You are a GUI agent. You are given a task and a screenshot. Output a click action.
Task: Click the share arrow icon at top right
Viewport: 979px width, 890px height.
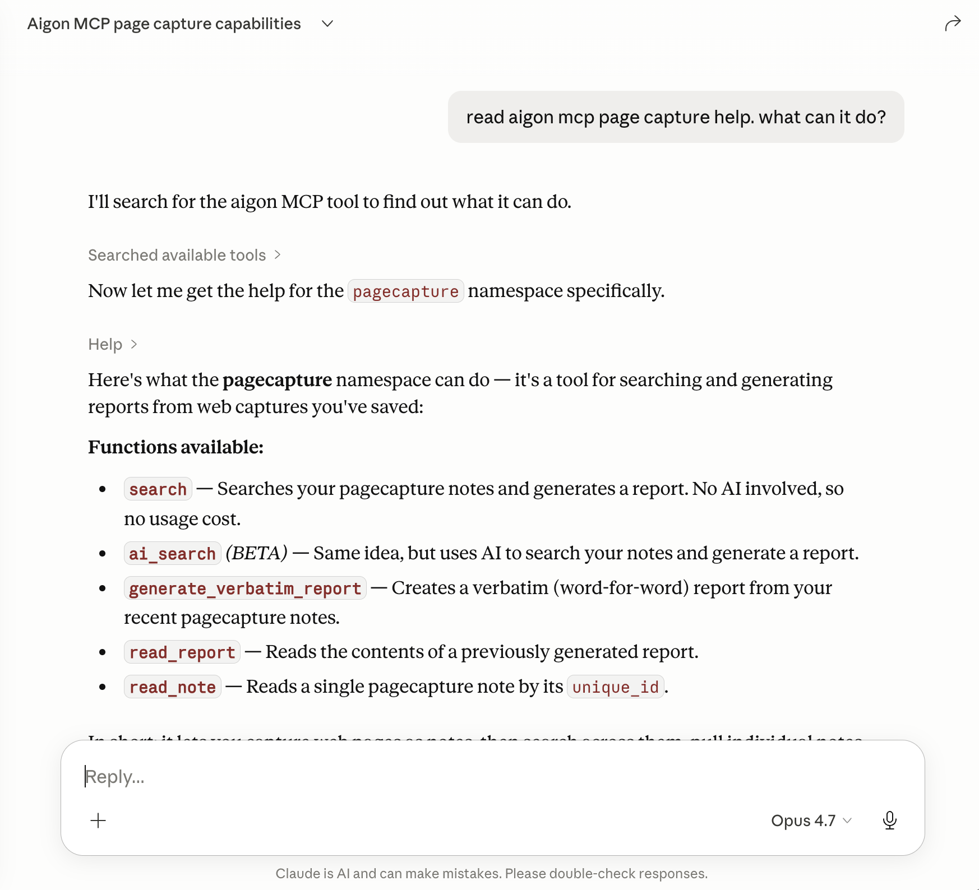952,24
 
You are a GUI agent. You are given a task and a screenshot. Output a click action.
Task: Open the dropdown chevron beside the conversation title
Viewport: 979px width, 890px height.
327,24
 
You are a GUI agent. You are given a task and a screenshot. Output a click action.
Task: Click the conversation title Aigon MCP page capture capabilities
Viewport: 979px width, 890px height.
164,24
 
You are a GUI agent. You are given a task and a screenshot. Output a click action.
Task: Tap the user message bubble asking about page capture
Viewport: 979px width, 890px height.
676,117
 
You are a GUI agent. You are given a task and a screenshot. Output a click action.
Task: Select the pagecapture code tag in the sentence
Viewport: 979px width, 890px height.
405,291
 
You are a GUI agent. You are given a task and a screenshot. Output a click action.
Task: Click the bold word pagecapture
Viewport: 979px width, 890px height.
277,380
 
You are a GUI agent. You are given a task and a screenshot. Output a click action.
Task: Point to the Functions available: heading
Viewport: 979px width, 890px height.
176,447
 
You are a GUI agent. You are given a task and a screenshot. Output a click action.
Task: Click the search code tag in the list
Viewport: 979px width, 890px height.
158,489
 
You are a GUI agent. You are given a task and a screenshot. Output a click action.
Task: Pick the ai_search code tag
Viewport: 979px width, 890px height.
172,554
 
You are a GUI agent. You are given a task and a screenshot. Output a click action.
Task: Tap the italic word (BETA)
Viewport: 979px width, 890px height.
256,553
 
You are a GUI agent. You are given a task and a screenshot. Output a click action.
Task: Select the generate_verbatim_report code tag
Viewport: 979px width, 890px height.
245,588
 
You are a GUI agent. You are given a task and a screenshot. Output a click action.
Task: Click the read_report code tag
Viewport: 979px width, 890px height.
182,652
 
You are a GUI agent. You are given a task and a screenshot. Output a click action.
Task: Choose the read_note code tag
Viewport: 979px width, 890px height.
172,687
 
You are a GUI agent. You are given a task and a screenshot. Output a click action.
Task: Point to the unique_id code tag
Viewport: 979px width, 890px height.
615,687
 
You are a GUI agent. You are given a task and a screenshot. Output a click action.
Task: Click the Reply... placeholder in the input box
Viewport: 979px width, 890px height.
115,777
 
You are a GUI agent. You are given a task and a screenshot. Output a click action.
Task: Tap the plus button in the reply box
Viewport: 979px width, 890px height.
98,821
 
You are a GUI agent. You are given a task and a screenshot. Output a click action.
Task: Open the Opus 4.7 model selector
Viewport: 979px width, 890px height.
811,821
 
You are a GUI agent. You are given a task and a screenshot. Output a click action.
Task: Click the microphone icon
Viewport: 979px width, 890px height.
889,821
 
